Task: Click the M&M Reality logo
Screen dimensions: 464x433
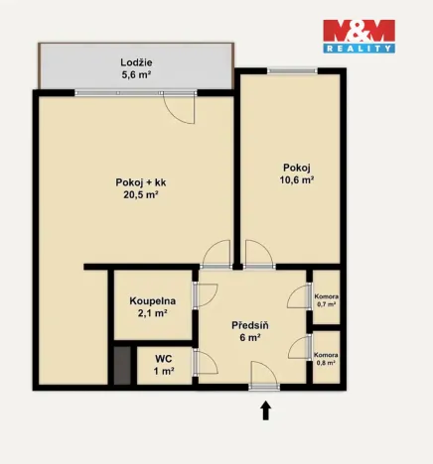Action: point(360,36)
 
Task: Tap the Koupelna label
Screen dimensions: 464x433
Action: point(152,300)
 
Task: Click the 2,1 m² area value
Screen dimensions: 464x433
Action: point(152,313)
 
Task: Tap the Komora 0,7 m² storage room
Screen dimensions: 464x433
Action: point(326,300)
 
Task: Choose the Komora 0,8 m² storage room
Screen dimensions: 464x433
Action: point(326,359)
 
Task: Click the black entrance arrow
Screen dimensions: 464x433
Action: point(265,408)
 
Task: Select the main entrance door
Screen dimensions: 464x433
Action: point(264,377)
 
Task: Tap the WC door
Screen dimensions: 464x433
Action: point(207,361)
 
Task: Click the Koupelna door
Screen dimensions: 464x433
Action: point(206,293)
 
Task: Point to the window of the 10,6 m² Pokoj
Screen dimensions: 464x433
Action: point(292,69)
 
